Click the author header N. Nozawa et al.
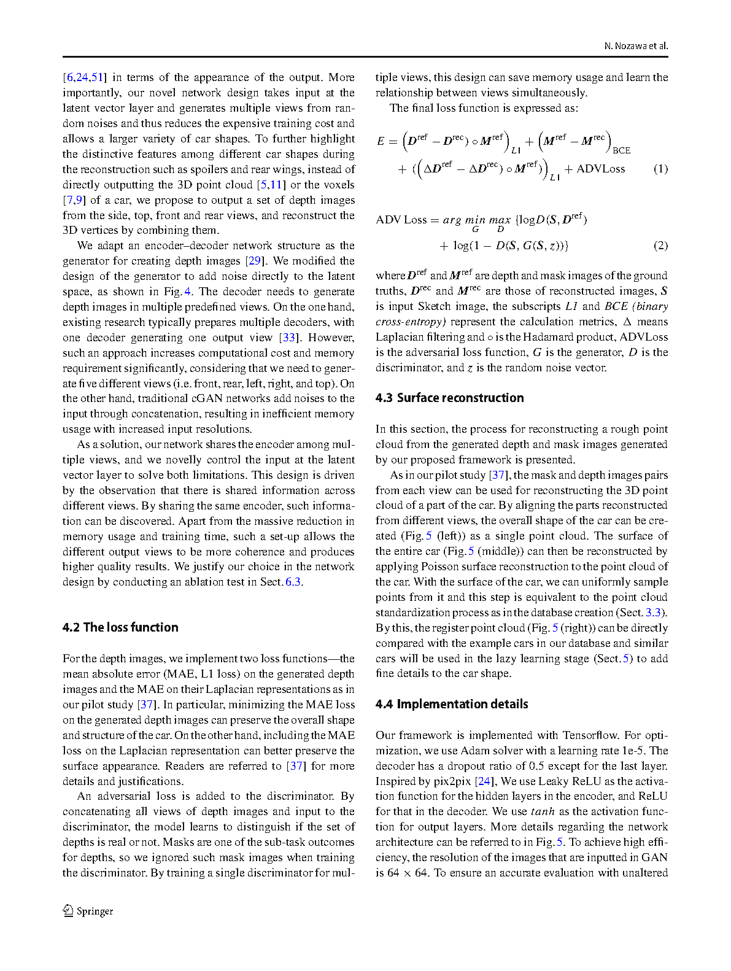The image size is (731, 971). click(x=636, y=46)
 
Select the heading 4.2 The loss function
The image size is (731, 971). click(x=120, y=627)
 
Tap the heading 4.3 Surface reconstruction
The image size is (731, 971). click(x=449, y=398)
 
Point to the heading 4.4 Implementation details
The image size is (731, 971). click(x=452, y=704)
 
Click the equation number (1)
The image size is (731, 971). click(x=660, y=169)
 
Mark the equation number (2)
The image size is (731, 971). click(x=660, y=246)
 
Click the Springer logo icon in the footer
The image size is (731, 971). click(x=68, y=911)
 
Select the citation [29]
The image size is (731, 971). click(x=254, y=261)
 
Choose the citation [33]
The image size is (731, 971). click(x=288, y=338)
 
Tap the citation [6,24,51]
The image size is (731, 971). click(x=85, y=77)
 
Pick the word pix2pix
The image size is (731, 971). click(x=452, y=781)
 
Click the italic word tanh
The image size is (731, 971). click(x=543, y=811)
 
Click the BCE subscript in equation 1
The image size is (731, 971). click(x=621, y=150)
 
